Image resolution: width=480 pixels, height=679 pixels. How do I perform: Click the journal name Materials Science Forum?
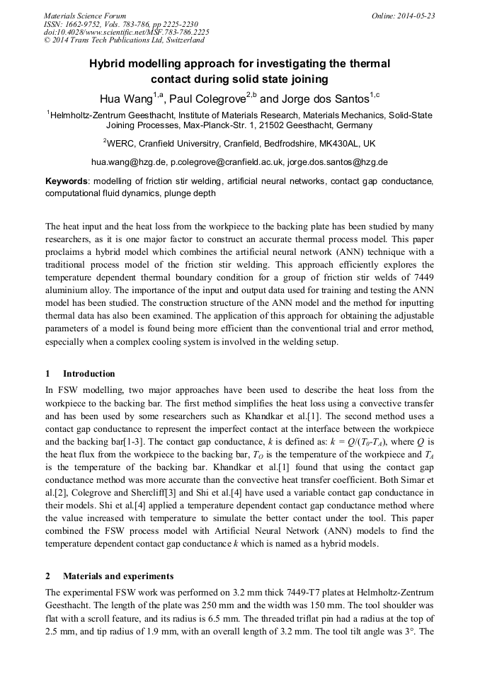(x=85, y=16)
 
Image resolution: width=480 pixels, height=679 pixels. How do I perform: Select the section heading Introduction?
(x=88, y=374)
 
